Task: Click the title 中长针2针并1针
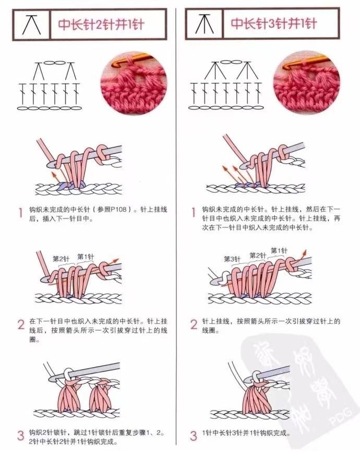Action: click(x=101, y=25)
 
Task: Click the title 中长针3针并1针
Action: click(x=274, y=23)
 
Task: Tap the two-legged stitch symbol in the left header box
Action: click(x=31, y=25)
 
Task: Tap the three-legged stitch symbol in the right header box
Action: click(x=205, y=24)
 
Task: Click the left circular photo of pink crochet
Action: click(x=134, y=83)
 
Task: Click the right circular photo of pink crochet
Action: click(x=306, y=82)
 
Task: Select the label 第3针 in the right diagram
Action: click(x=232, y=259)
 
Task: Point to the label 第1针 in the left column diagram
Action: click(x=86, y=257)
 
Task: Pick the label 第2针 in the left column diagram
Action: click(x=61, y=259)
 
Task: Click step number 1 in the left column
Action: click(x=20, y=213)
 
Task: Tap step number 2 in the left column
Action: click(x=21, y=324)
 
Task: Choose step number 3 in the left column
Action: click(x=21, y=435)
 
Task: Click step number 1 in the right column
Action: click(x=194, y=213)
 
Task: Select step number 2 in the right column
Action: click(x=194, y=324)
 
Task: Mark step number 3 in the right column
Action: click(x=194, y=435)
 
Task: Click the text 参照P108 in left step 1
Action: click(x=112, y=210)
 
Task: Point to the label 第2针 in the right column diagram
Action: click(x=258, y=255)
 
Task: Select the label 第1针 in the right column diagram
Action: click(x=279, y=250)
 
